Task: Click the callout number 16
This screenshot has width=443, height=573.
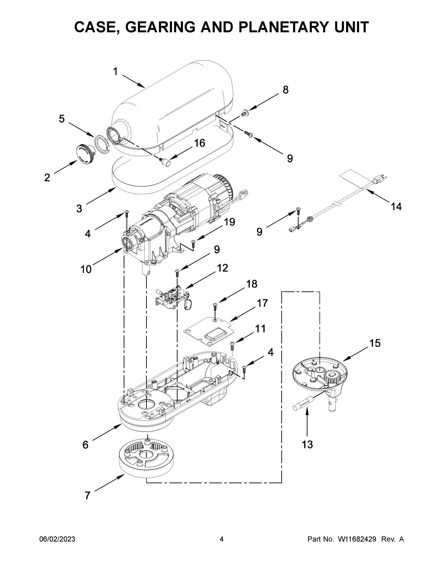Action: click(x=199, y=143)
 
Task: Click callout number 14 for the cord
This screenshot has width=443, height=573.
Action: click(x=396, y=207)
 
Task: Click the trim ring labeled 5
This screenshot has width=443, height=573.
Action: click(x=102, y=144)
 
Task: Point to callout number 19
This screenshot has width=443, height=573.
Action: click(x=229, y=222)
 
